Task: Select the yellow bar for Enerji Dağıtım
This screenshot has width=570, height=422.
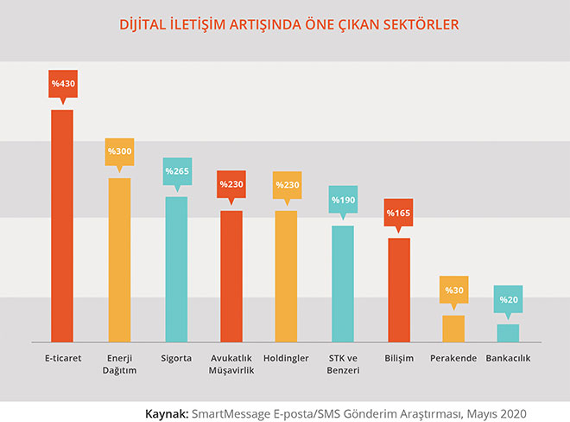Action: (x=118, y=259)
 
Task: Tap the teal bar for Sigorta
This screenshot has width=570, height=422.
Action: (x=175, y=268)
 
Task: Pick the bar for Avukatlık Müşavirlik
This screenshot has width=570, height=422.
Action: (x=231, y=275)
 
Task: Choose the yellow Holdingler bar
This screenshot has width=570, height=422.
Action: (x=286, y=275)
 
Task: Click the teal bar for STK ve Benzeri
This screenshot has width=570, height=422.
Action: (x=342, y=283)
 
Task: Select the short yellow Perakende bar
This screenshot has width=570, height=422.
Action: (x=453, y=328)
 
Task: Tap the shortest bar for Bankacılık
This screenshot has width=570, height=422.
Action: (x=509, y=332)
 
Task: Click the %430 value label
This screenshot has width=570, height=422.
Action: (x=62, y=85)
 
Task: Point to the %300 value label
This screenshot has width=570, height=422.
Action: (x=118, y=151)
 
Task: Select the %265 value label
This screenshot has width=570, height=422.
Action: (x=175, y=170)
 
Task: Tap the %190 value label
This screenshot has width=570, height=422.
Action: (x=342, y=200)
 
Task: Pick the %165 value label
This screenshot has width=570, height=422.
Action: (x=398, y=212)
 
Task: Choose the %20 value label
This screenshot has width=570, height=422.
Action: (x=509, y=299)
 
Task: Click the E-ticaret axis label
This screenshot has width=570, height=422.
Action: (x=62, y=358)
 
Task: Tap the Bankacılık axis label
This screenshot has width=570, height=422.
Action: (x=509, y=358)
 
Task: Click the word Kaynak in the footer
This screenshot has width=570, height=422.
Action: (x=168, y=403)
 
